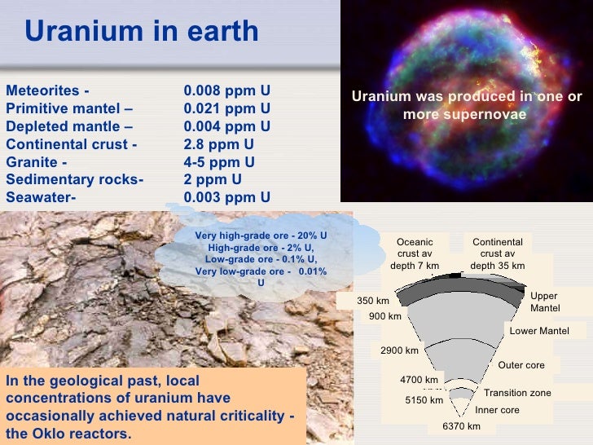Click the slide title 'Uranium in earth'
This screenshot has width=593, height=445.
(141, 32)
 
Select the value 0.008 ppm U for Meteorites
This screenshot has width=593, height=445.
(226, 90)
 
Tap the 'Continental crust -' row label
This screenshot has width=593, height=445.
(72, 144)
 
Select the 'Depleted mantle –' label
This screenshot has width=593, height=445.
(69, 126)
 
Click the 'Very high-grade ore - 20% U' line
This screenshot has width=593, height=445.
(261, 236)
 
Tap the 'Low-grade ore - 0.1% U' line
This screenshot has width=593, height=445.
(261, 259)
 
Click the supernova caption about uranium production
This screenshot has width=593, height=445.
(467, 105)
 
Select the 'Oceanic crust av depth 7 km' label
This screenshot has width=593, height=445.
(415, 253)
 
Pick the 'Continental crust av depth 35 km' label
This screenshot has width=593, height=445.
(497, 253)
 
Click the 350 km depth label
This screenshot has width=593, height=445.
(373, 301)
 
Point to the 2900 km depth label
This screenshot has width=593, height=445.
(399, 350)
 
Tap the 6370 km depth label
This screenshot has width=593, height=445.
(461, 426)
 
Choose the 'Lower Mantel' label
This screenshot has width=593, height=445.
(538, 331)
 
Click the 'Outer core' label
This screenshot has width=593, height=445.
(521, 365)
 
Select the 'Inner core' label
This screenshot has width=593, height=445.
(497, 410)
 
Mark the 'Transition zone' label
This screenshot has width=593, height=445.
(517, 393)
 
